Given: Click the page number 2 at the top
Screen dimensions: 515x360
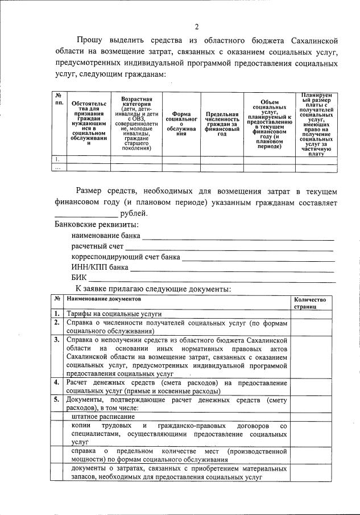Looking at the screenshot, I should pyautogui.click(x=197, y=27).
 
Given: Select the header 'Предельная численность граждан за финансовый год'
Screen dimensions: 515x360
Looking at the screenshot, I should pyautogui.click(x=222, y=123).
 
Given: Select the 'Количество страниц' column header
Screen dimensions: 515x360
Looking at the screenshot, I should pyautogui.click(x=311, y=302).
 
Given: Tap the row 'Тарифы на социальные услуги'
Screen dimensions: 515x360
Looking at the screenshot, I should pyautogui.click(x=114, y=314).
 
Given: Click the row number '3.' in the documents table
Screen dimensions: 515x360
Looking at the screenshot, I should pyautogui.click(x=57, y=340).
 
